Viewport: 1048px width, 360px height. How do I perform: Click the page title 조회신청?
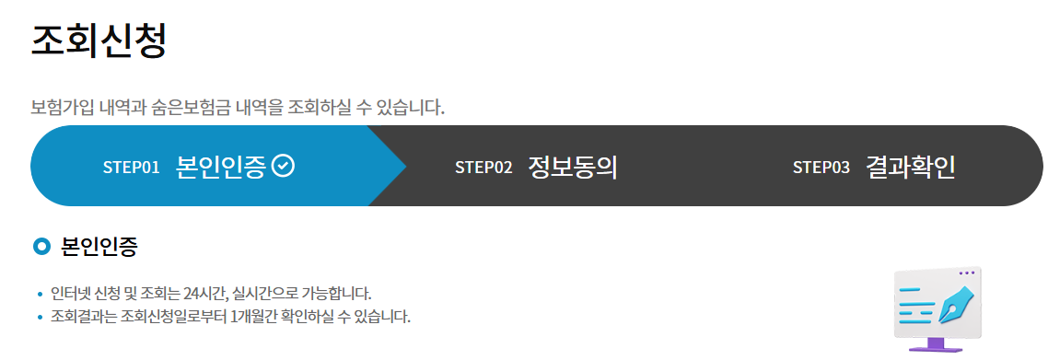(x=99, y=41)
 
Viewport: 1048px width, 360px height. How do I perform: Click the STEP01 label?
(x=131, y=167)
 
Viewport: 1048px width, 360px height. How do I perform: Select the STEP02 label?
(x=483, y=167)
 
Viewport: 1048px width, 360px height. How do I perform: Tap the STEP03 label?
(x=821, y=167)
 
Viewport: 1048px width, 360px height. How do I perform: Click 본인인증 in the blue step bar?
(x=221, y=167)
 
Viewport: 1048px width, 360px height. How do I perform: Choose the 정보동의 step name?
(x=572, y=167)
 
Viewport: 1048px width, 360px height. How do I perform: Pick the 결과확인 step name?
(x=910, y=167)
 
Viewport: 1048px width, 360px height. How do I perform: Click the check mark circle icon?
(x=285, y=166)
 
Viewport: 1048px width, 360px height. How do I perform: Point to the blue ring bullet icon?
(x=41, y=247)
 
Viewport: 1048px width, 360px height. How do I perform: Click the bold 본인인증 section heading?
(x=99, y=247)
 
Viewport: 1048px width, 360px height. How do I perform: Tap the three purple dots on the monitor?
(x=966, y=273)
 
